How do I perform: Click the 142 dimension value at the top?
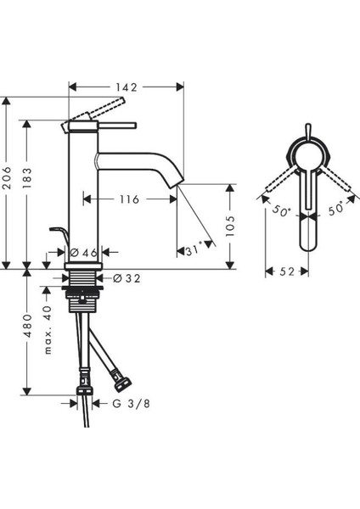coord(127,87)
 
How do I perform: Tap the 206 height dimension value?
coord(7,178)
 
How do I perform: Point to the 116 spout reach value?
coord(129,199)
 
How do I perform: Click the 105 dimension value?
coord(230,226)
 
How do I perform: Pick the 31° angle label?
coord(194,250)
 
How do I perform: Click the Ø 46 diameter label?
coord(83,252)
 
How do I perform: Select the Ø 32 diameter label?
coord(127,278)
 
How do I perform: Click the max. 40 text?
coord(48,329)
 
